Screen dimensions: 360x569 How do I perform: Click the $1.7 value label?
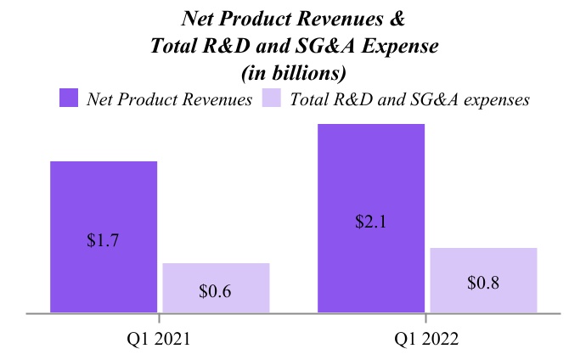103,240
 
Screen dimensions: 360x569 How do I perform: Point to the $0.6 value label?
216,291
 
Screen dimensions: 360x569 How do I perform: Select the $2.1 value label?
370,222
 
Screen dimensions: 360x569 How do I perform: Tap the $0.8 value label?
483,284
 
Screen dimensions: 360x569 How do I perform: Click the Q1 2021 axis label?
158,339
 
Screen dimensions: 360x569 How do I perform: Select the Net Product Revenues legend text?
169,98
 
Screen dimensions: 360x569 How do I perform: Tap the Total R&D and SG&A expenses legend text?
410,98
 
